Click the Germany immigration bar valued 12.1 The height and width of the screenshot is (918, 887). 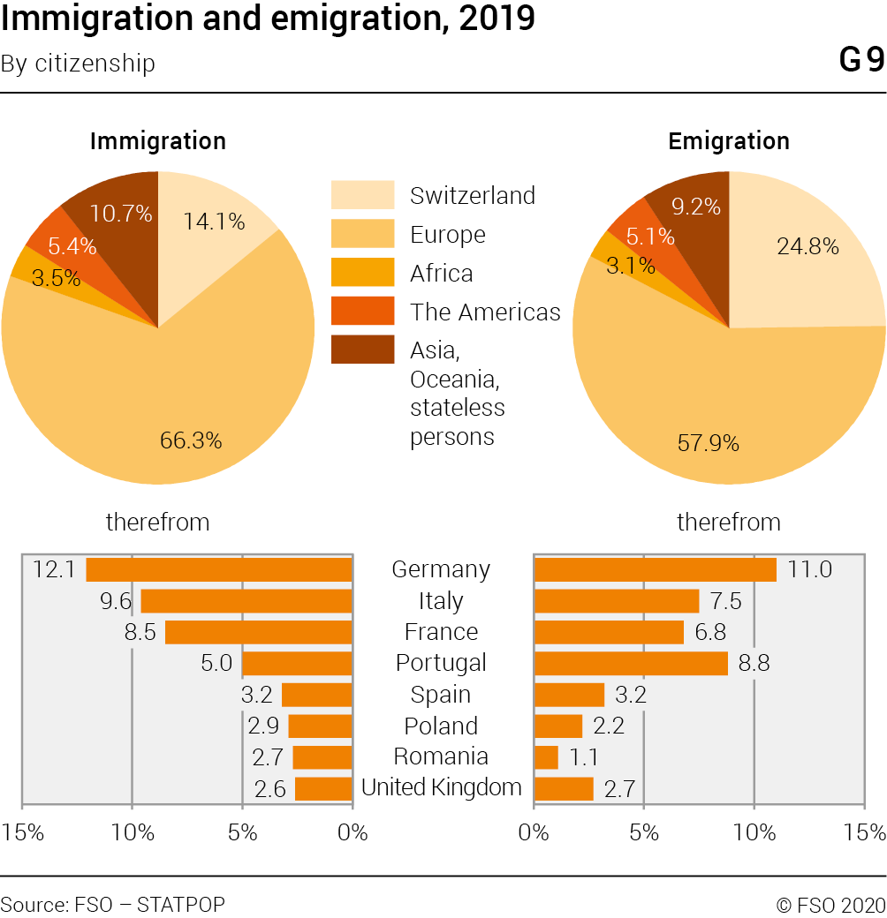[x=219, y=569]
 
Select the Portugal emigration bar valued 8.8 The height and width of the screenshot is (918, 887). [x=631, y=663]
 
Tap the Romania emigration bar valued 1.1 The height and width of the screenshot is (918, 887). [x=546, y=757]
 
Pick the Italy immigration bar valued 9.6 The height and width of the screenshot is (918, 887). [x=246, y=601]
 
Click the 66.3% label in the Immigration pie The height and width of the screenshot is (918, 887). [x=190, y=440]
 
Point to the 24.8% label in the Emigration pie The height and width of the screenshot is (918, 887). [x=807, y=246]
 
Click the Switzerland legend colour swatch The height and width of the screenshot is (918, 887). [x=362, y=195]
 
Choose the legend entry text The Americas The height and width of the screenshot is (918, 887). [x=485, y=312]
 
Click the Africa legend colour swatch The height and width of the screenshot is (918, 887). [x=362, y=273]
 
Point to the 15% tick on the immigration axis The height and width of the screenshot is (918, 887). [x=23, y=832]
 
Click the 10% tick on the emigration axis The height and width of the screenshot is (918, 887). [x=754, y=832]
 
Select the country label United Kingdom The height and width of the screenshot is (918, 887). [x=442, y=787]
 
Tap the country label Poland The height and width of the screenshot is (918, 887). [x=441, y=726]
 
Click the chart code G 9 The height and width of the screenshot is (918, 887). [x=860, y=61]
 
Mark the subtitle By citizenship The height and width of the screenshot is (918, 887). [x=78, y=64]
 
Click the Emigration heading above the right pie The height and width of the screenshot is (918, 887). [x=729, y=141]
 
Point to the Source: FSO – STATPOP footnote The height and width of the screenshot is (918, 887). [x=113, y=904]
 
